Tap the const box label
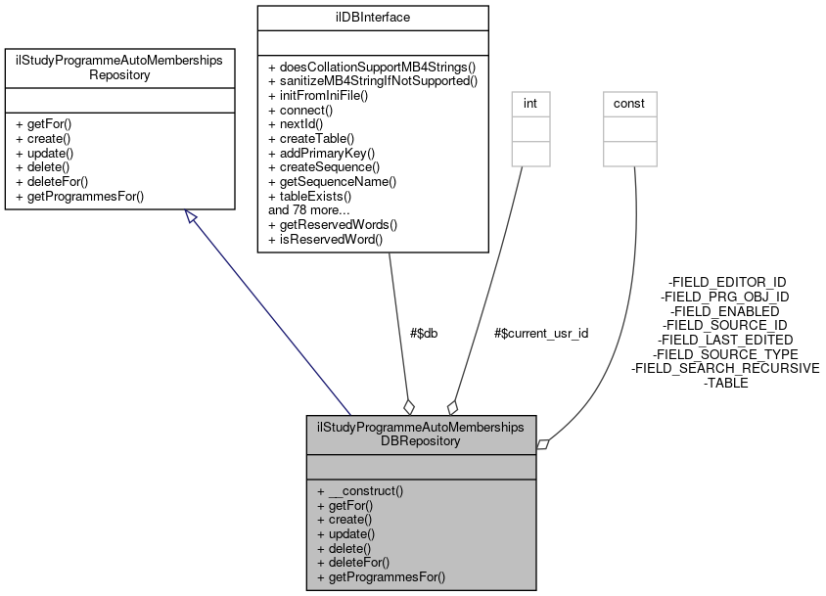point(629,103)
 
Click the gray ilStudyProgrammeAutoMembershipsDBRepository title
point(421,434)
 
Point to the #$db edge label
point(424,333)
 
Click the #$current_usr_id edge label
point(542,333)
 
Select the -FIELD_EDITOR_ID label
point(726,282)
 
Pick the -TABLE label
point(726,383)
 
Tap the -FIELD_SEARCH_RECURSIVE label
point(726,368)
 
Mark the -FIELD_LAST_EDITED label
point(726,339)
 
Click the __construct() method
point(360,490)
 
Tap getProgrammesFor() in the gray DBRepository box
point(381,577)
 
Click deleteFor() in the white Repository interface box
point(51,181)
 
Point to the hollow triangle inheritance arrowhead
point(193,218)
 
